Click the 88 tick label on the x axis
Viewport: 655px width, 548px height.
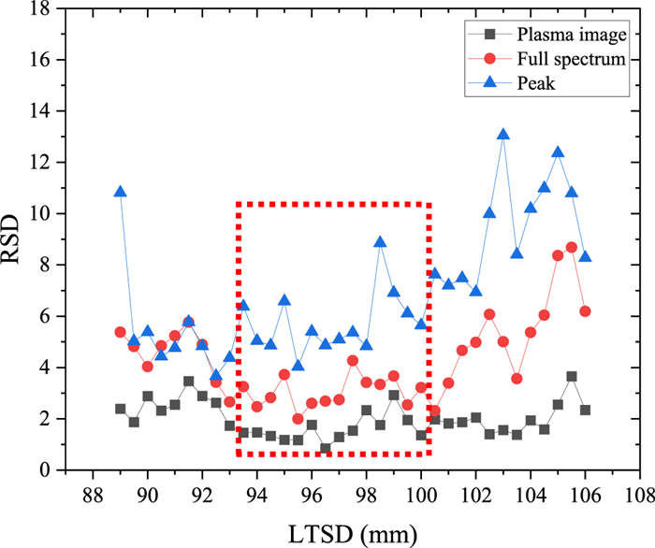93,492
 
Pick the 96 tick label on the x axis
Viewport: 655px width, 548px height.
312,492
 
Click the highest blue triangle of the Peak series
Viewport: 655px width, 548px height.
503,134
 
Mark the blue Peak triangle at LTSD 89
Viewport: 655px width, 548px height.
120,192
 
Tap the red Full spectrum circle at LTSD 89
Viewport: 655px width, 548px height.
120,332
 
